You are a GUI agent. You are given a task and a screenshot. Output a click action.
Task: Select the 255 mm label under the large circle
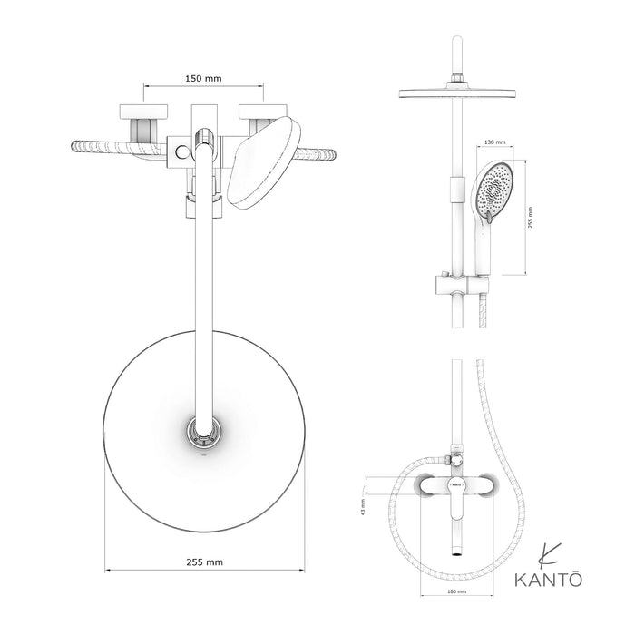point(202,562)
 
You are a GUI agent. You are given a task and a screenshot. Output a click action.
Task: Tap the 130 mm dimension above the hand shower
point(495,142)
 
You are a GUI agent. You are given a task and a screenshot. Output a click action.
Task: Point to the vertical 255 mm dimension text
point(532,218)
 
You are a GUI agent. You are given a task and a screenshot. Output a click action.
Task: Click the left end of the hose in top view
point(74,144)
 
